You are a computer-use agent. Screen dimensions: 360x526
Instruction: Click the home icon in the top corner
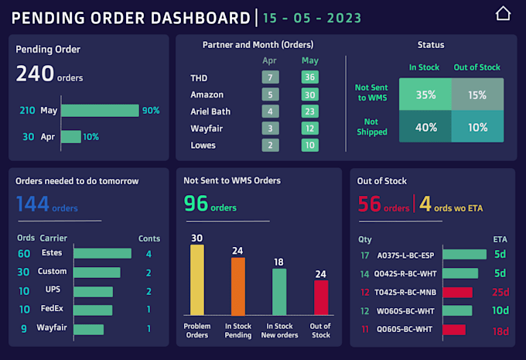tap(503, 14)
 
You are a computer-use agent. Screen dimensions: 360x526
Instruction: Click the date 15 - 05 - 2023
tap(312, 17)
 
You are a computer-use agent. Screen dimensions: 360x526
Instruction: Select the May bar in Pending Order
tap(100, 111)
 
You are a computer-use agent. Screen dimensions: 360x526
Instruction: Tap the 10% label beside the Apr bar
tap(91, 137)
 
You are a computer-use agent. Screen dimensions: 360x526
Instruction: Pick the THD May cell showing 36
tap(310, 77)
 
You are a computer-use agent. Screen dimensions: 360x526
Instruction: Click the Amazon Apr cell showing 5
tap(270, 94)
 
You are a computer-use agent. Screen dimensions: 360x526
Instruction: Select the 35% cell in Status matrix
tap(425, 95)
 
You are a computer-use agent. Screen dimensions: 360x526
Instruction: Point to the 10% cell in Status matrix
tap(478, 128)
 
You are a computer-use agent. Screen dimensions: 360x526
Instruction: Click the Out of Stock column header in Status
tap(477, 67)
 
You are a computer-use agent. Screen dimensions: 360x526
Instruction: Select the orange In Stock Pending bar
tap(238, 286)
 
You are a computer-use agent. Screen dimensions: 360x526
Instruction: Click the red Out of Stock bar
tap(321, 297)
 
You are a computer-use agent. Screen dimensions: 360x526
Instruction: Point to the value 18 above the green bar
tap(279, 262)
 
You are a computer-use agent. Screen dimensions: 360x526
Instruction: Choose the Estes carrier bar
tap(103, 253)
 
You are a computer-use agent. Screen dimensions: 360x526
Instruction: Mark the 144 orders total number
tap(33, 204)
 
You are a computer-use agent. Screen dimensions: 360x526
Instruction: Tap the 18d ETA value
tap(500, 331)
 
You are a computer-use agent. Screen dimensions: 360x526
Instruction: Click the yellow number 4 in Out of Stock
tap(425, 204)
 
